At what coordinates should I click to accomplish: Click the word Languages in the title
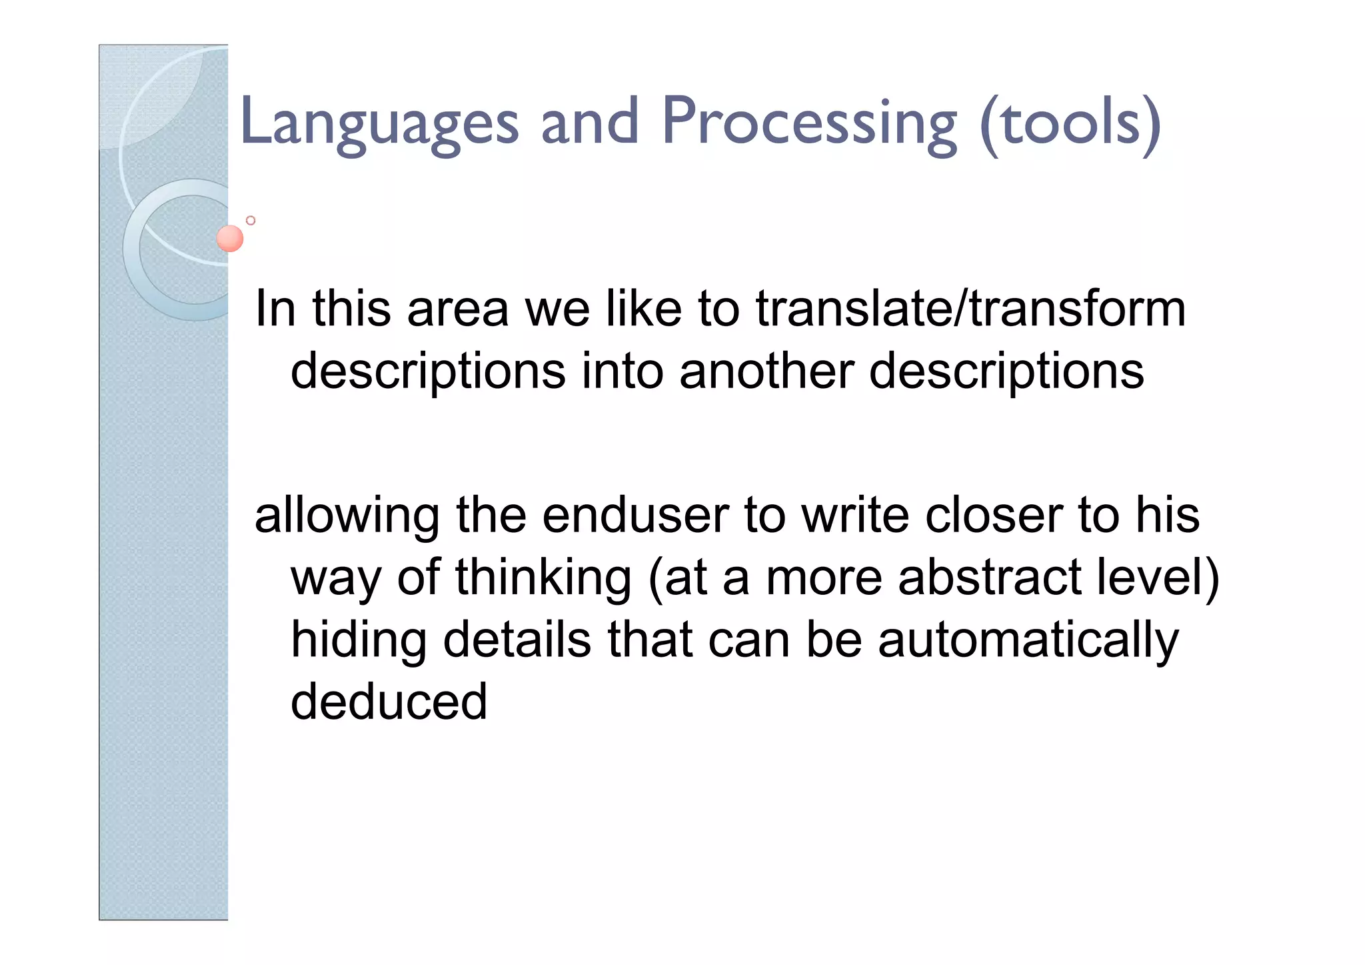pyautogui.click(x=379, y=123)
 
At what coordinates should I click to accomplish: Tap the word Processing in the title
pyautogui.click(x=809, y=123)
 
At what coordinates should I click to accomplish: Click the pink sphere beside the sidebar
pyautogui.click(x=230, y=238)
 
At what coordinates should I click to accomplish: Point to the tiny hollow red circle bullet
pyautogui.click(x=251, y=220)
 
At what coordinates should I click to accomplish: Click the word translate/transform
pyautogui.click(x=970, y=309)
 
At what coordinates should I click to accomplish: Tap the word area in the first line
pyautogui.click(x=458, y=309)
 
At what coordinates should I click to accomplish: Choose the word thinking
pyautogui.click(x=543, y=578)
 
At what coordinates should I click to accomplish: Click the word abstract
pyautogui.click(x=989, y=578)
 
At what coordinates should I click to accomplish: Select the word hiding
pyautogui.click(x=359, y=640)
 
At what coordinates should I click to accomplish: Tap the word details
pyautogui.click(x=517, y=640)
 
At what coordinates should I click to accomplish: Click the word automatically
pyautogui.click(x=1028, y=640)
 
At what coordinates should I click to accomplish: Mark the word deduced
pyautogui.click(x=389, y=702)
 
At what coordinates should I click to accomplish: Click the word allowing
pyautogui.click(x=347, y=516)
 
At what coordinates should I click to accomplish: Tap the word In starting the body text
pyautogui.click(x=275, y=309)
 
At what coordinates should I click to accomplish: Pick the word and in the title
pyautogui.click(x=590, y=123)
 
